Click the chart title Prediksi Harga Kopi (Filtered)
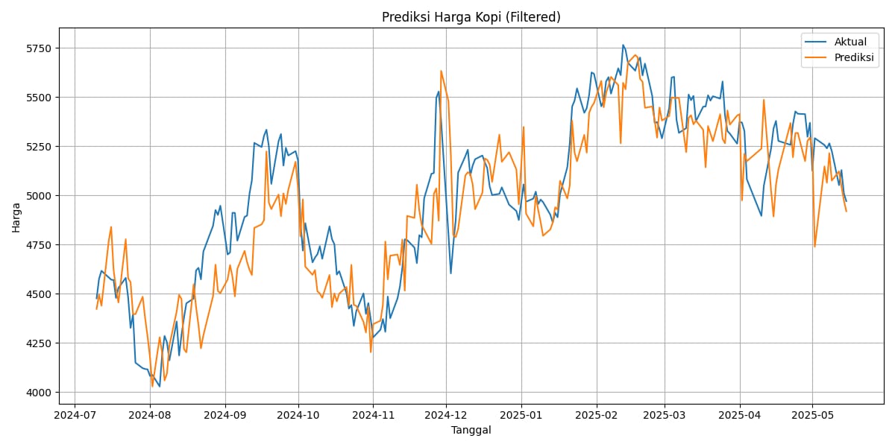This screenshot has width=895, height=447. (471, 17)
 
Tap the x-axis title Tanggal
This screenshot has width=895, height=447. (471, 430)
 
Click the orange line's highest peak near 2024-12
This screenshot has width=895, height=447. (441, 71)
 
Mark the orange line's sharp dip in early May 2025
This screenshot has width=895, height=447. (814, 247)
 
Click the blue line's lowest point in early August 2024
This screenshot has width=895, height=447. (159, 386)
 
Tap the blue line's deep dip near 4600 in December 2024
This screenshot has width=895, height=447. (450, 273)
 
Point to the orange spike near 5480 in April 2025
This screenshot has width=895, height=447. (764, 100)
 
